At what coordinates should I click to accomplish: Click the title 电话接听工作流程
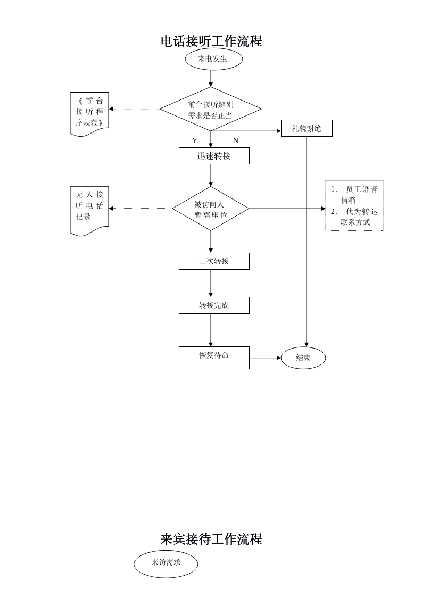[211, 42]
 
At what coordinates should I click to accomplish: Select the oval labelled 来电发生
[213, 60]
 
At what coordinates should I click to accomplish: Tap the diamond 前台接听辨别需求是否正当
[211, 110]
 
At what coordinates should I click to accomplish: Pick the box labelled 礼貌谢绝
[307, 128]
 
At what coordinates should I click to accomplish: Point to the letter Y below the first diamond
[195, 141]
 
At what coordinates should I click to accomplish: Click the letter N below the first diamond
[236, 141]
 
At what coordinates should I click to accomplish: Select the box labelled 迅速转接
[214, 156]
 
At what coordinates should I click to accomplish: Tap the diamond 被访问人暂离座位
[211, 209]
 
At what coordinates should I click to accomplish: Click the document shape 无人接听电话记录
[89, 209]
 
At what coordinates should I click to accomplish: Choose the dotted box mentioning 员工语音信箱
[354, 206]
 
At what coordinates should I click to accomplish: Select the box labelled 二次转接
[214, 261]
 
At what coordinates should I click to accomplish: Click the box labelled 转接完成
[214, 305]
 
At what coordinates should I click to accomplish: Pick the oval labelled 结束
[303, 358]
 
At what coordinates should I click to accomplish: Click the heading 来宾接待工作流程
[211, 539]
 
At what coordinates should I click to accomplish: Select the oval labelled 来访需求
[166, 562]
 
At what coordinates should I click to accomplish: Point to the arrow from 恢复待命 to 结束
[265, 358]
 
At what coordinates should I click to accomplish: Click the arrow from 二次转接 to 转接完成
[211, 283]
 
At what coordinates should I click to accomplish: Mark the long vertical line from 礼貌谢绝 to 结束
[307, 239]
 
